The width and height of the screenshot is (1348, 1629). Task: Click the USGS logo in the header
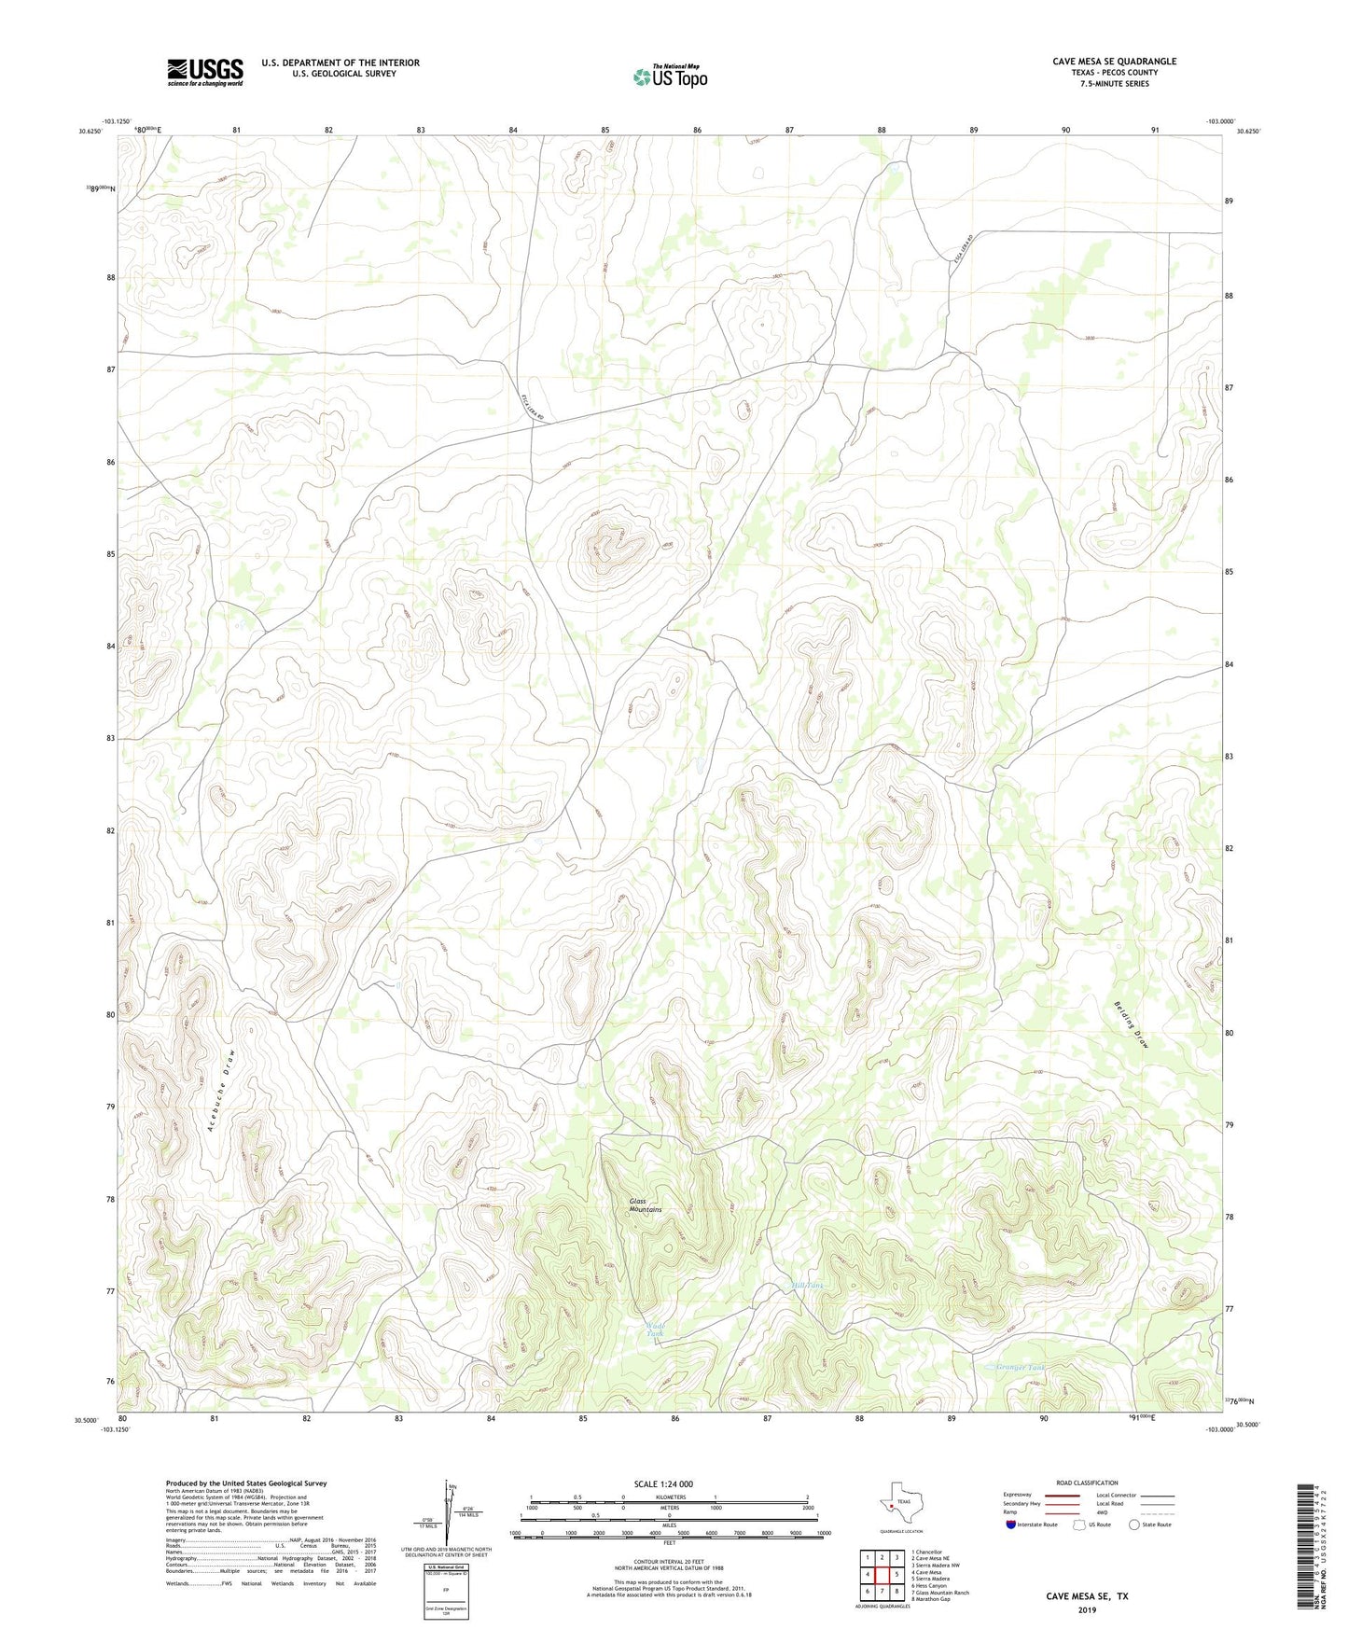(x=205, y=72)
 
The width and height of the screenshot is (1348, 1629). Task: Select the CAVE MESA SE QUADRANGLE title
(x=1114, y=62)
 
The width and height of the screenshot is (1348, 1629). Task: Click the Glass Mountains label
(x=645, y=1205)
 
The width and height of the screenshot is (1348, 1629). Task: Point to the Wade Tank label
(x=656, y=1330)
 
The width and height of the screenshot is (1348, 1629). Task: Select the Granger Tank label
(x=1021, y=1368)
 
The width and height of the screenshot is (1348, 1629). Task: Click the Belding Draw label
(x=1131, y=1026)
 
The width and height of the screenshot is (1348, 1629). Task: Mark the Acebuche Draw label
(x=221, y=1090)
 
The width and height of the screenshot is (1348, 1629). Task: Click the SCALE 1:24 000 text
(x=663, y=1483)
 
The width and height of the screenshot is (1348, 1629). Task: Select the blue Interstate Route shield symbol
(x=1011, y=1525)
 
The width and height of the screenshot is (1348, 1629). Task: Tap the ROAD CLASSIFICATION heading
(x=1087, y=1483)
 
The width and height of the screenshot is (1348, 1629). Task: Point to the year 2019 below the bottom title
(x=1087, y=1610)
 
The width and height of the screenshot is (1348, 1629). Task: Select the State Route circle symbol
(x=1133, y=1525)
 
